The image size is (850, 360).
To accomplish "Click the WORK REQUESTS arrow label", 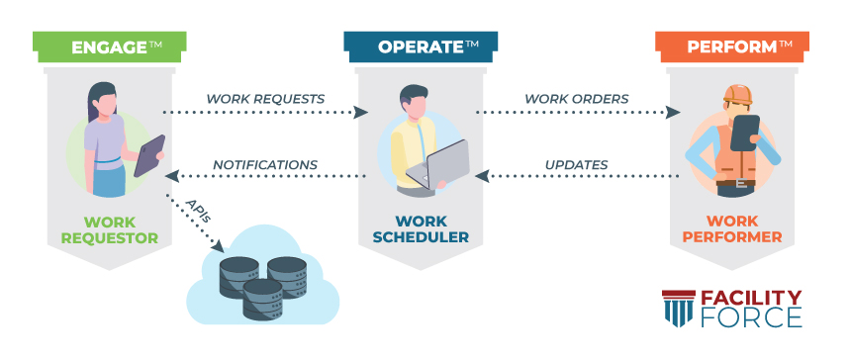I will click(x=264, y=99).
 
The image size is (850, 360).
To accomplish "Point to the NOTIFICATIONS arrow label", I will click(x=265, y=164).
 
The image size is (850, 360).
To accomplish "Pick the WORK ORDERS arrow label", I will click(x=576, y=99).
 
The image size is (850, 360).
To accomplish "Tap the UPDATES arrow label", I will click(x=576, y=164).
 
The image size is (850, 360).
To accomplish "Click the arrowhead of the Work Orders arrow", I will click(x=674, y=113).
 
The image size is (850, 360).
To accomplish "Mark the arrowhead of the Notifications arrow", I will click(x=171, y=177).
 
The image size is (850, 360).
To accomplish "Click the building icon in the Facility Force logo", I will click(x=678, y=310).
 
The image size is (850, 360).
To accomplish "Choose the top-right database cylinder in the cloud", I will click(x=286, y=268).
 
